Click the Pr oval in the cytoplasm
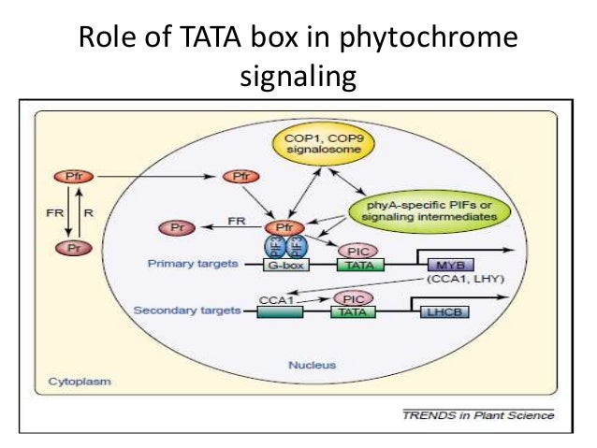[71, 248]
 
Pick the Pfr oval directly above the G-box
[284, 227]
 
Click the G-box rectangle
[284, 266]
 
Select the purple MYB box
[448, 265]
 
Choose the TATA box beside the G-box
[357, 266]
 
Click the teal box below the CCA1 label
[279, 312]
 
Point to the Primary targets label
[191, 265]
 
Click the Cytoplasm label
[77, 382]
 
